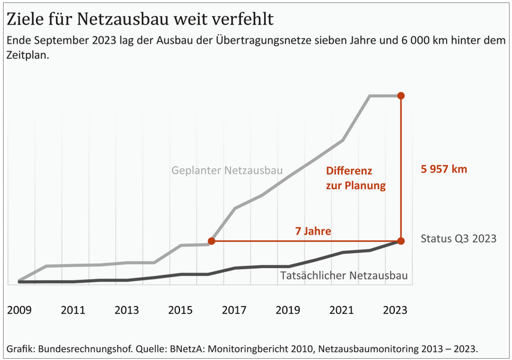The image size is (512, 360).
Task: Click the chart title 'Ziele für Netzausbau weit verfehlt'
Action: click(x=140, y=19)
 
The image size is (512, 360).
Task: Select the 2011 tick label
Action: click(x=73, y=310)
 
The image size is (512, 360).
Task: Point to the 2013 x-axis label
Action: click(x=127, y=310)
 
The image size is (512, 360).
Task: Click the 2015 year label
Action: click(x=180, y=310)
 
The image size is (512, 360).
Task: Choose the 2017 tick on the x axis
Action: click(x=234, y=310)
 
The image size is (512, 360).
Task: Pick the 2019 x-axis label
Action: click(x=288, y=310)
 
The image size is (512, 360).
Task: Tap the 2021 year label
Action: click(x=342, y=310)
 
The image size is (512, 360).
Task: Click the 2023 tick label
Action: click(x=395, y=310)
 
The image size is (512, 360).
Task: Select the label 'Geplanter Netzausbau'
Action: click(x=227, y=170)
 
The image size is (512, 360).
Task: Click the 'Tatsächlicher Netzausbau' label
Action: click(x=344, y=275)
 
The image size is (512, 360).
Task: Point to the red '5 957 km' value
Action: click(x=444, y=169)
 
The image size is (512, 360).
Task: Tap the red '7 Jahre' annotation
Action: click(x=313, y=231)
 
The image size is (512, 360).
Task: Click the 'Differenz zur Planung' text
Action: click(x=355, y=178)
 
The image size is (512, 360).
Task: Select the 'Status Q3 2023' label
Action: click(x=459, y=238)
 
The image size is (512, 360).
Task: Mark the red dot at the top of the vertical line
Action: click(x=401, y=96)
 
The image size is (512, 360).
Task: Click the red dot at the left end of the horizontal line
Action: click(x=211, y=241)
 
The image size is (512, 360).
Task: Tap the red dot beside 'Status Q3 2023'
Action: click(x=401, y=241)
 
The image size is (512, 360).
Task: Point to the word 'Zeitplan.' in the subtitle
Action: click(x=28, y=55)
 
